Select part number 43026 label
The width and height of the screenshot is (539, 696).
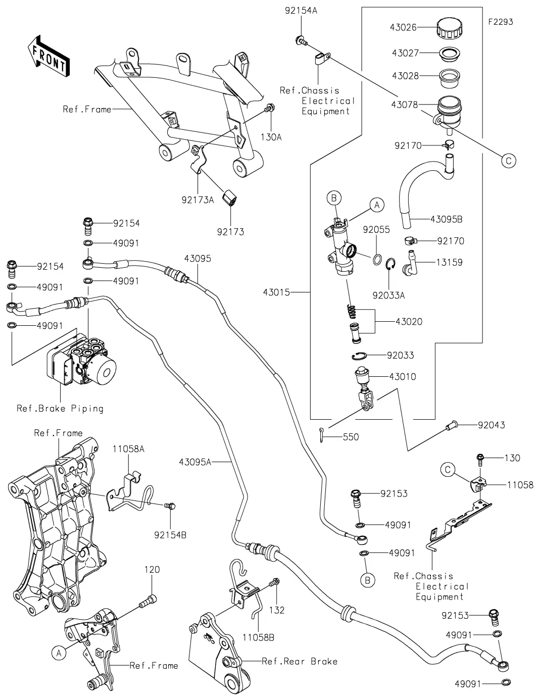403,27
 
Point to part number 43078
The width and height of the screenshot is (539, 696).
404,105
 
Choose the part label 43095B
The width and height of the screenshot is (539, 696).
446,219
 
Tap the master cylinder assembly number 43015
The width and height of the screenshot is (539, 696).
276,292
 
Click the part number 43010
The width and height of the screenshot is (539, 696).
402,376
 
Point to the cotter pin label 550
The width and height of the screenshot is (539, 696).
351,437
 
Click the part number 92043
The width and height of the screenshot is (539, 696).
492,425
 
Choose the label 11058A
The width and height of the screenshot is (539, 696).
128,449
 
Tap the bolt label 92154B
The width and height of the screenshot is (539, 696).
170,534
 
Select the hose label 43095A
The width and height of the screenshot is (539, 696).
194,461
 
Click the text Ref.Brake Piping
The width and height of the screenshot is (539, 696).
60,408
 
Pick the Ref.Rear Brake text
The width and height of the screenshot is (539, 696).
300,661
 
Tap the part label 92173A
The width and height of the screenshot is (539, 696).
198,200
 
